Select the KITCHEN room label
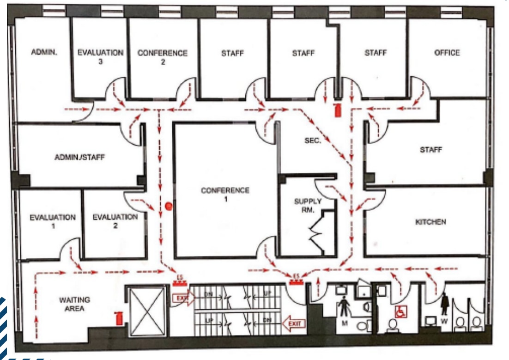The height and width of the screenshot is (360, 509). [x=430, y=222]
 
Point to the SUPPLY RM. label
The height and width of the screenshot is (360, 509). [x=307, y=206]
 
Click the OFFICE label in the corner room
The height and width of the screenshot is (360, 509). [x=447, y=53]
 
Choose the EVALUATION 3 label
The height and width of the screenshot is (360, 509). [x=100, y=57]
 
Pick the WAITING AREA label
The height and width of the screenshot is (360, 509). [x=74, y=304]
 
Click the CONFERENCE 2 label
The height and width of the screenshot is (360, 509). [x=163, y=57]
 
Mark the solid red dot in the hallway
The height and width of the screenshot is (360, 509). [x=169, y=206]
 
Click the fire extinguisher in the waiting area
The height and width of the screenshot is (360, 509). [x=120, y=318]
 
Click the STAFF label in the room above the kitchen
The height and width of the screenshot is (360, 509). [x=430, y=150]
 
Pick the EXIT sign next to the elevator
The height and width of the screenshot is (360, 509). [x=181, y=298]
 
